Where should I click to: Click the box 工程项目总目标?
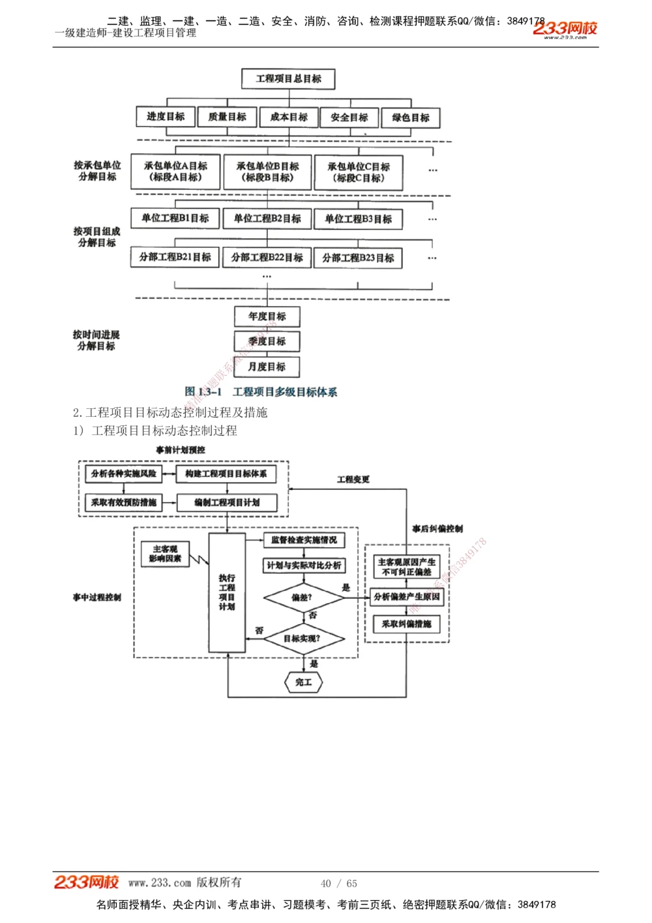[x=288, y=79]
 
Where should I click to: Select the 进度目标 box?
[x=166, y=117]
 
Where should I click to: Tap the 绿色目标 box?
[x=411, y=117]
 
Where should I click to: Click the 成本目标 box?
[x=289, y=117]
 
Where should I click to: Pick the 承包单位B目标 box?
[x=267, y=172]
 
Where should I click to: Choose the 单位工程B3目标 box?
[x=358, y=219]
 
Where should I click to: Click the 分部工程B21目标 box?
[x=175, y=257]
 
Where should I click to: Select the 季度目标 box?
[x=267, y=341]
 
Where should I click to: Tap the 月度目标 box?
[x=267, y=367]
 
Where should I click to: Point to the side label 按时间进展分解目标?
[x=96, y=340]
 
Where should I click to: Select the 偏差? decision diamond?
[x=303, y=597]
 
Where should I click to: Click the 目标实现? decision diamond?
[x=303, y=638]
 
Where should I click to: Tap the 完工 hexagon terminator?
[x=304, y=682]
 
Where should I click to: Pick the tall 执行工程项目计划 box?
[x=227, y=592]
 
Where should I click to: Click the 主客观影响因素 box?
[x=165, y=554]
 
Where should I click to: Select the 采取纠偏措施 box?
[x=406, y=624]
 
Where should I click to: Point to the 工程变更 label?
[x=353, y=479]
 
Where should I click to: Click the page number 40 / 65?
[x=339, y=883]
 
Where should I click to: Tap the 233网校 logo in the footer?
[x=86, y=882]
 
